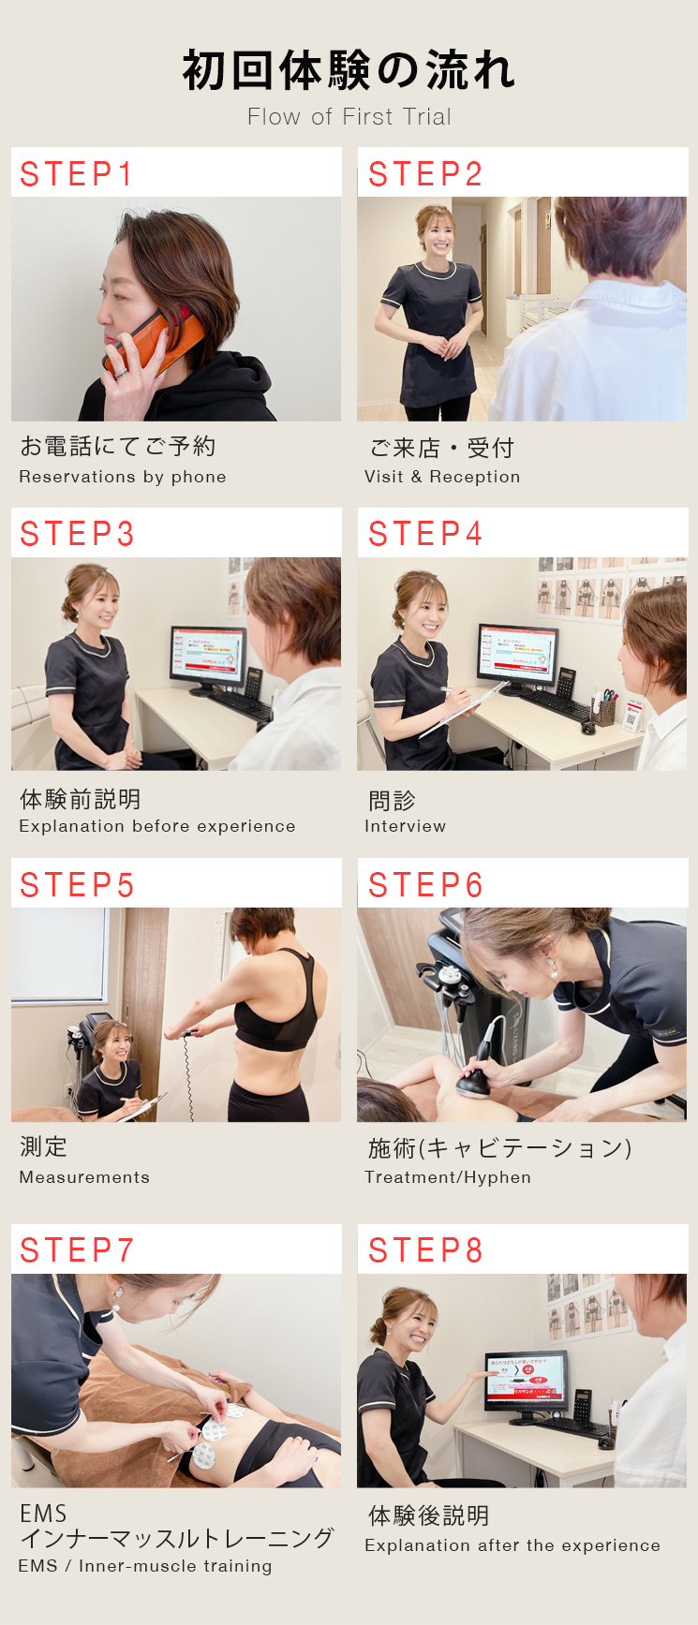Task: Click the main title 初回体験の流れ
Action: click(349, 70)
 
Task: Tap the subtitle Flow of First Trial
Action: click(349, 117)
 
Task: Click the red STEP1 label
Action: click(77, 174)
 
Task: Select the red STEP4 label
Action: click(425, 534)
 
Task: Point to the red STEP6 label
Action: click(425, 885)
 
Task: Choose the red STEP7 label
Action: click(77, 1250)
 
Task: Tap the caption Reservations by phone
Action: click(123, 477)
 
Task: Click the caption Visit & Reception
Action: click(442, 477)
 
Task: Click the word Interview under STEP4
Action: click(405, 826)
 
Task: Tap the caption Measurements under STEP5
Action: click(84, 1177)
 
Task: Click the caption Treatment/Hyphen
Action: click(448, 1177)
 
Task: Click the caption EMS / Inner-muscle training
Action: click(145, 1566)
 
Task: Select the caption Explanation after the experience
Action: click(512, 1545)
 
